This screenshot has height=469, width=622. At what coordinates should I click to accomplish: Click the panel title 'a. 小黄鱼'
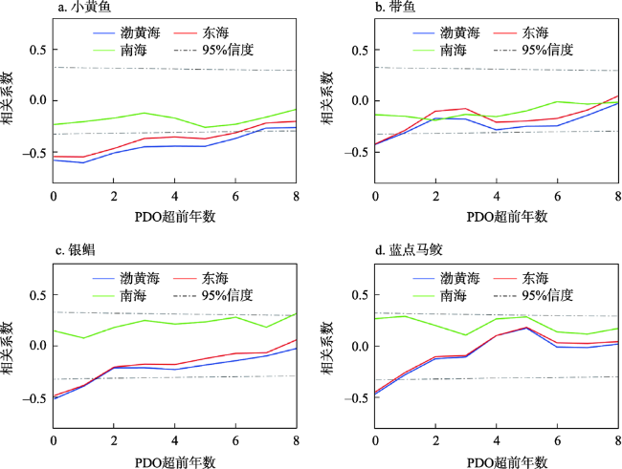coord(85,10)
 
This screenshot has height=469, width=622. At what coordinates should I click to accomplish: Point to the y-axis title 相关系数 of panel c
coord(11,344)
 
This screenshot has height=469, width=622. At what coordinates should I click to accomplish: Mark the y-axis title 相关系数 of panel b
coord(334,100)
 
